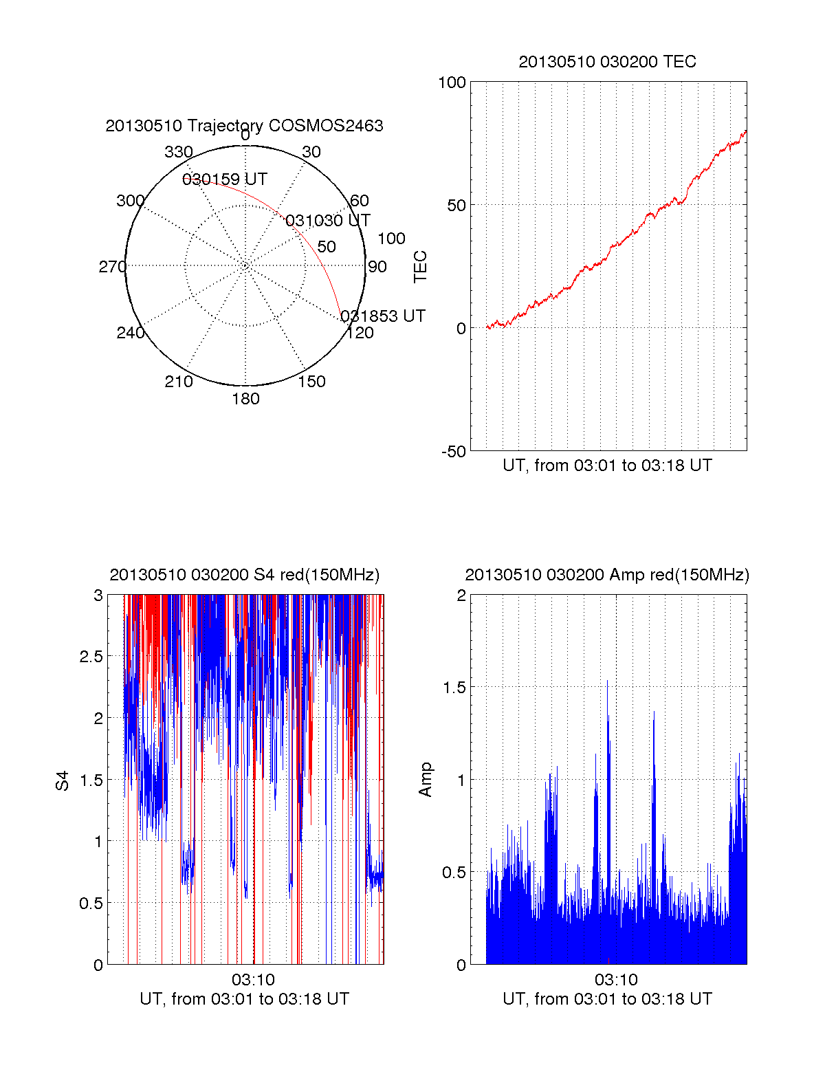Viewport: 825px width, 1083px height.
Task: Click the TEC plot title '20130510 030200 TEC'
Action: (607, 62)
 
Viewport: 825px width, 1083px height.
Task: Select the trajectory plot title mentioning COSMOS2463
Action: (244, 126)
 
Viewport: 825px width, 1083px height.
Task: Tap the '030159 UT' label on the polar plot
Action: (224, 179)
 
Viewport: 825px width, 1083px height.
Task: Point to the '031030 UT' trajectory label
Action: (327, 221)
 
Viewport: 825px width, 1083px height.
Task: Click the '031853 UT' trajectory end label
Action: (383, 316)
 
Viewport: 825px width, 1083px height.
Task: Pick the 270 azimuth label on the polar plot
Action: (113, 267)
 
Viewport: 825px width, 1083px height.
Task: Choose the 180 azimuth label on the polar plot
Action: (245, 399)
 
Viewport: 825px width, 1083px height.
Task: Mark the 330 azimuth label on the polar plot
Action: (178, 152)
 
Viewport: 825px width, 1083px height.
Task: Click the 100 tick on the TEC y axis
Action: (452, 83)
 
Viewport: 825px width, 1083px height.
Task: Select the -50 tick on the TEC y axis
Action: (453, 452)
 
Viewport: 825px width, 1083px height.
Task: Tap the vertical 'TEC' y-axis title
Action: (420, 267)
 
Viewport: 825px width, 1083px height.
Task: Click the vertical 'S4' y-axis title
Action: (63, 780)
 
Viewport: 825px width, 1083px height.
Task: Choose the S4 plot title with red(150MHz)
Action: (244, 575)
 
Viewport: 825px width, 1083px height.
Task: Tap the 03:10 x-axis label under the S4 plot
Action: (253, 980)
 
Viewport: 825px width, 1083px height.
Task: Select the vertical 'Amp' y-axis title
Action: (426, 780)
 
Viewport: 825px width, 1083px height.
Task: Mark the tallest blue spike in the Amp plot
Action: (607, 682)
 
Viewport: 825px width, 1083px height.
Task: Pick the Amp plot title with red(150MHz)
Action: (607, 575)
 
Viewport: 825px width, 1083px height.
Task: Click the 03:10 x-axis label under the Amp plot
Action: (616, 980)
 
